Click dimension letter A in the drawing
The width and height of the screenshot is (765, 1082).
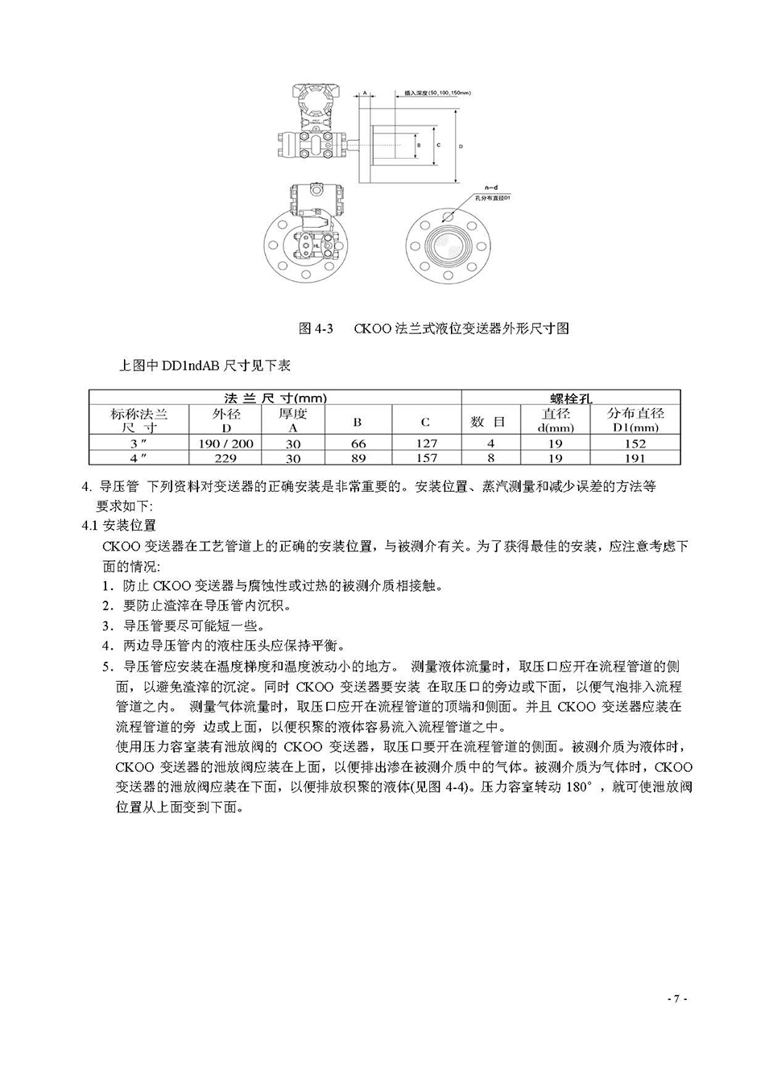[364, 93]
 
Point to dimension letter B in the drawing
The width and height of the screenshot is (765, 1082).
[417, 146]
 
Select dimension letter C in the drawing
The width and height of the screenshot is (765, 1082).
[437, 146]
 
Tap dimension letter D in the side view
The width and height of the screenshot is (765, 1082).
[461, 147]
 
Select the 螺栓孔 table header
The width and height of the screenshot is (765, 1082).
[570, 398]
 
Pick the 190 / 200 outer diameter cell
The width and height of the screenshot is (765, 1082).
[225, 444]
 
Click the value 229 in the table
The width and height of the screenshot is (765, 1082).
[225, 458]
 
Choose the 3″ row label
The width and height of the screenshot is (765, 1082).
[139, 444]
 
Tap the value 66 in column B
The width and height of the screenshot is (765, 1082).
[358, 444]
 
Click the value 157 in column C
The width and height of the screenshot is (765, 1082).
[426, 458]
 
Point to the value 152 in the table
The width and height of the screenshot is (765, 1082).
[635, 444]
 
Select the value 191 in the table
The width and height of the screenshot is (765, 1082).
[635, 458]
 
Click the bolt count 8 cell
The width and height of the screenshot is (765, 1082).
[490, 458]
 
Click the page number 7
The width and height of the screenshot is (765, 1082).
[676, 999]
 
